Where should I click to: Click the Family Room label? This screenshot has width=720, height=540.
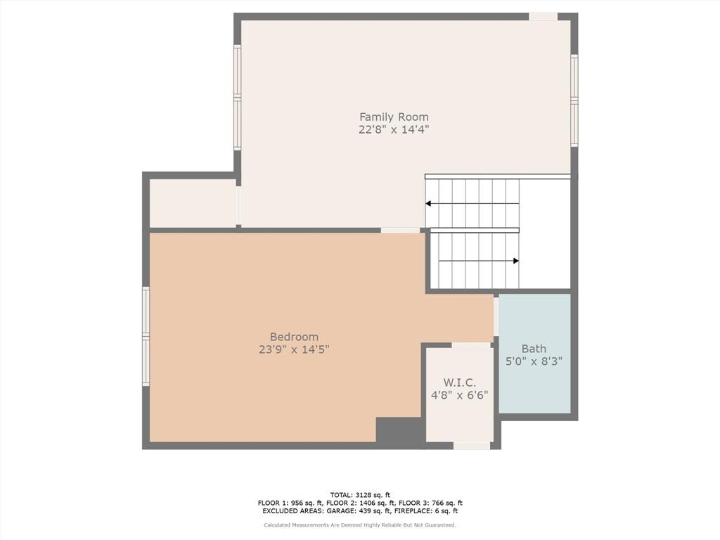pos(394,117)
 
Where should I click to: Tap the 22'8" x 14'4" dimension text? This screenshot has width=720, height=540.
pos(394,129)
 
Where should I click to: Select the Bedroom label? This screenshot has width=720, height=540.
pos(294,337)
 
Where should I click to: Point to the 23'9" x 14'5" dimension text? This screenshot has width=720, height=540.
pos(294,349)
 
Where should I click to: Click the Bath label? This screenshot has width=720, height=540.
pos(534,349)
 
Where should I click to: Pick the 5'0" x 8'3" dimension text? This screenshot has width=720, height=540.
pos(534,361)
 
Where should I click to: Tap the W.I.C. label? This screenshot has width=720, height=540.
pos(459,382)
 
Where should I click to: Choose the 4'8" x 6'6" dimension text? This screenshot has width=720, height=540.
pos(459,395)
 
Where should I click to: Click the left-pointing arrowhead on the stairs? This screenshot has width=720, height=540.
pos(428,203)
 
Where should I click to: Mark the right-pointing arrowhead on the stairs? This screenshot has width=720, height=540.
pos(516,261)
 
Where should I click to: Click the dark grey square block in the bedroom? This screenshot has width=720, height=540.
pos(398,430)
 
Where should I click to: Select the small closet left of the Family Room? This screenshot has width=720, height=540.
pos(193,202)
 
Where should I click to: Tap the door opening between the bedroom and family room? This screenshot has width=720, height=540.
pos(400,230)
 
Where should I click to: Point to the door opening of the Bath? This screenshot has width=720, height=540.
pos(496,317)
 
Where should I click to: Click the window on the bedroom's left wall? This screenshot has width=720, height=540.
pos(146,336)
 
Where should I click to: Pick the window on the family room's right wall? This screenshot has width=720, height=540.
pos(574,100)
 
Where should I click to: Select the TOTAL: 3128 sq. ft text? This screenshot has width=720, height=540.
pos(360,495)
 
